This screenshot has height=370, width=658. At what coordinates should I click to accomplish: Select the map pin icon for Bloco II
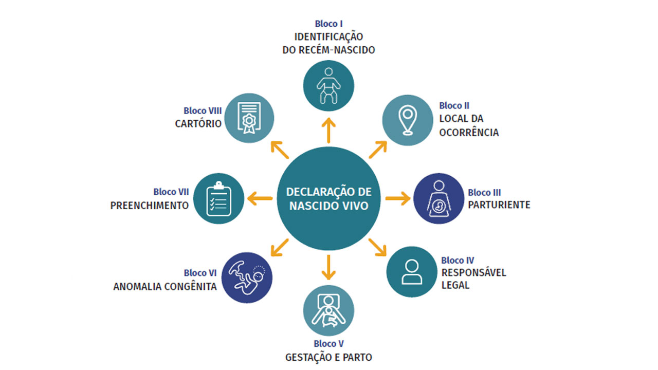408,120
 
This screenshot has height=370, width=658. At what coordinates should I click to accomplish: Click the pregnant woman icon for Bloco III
439,198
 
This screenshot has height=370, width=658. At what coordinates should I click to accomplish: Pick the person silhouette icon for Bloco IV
411,271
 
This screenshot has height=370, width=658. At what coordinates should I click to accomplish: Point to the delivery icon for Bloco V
328,310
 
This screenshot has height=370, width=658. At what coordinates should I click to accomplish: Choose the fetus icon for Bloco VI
247,277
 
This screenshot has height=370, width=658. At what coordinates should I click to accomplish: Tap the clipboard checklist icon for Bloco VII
217,198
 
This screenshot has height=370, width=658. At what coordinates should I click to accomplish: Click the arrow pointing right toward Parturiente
397,198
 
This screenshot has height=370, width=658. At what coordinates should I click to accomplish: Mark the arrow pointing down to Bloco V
328,266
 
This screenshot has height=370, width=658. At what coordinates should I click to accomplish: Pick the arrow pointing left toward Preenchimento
260,198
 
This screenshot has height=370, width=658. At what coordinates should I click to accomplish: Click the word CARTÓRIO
198,124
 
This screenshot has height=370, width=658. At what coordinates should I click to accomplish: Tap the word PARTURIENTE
499,205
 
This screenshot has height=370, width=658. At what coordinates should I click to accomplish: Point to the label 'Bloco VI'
200,273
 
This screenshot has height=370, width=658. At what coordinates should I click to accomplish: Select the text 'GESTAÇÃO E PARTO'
328,357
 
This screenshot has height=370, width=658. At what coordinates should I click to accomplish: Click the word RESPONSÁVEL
473,272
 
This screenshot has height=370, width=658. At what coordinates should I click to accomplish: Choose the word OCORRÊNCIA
469,133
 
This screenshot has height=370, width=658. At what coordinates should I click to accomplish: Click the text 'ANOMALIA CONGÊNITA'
164,287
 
